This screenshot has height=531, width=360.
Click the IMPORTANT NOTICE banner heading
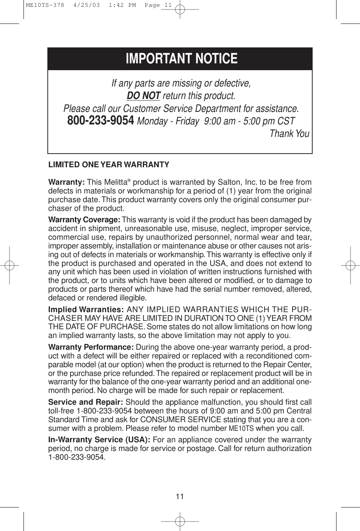pyautogui.click(x=182, y=59)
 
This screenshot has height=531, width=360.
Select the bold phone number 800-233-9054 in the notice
pyautogui.click(x=100, y=121)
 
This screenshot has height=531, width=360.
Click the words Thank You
pyautogui.click(x=289, y=134)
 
